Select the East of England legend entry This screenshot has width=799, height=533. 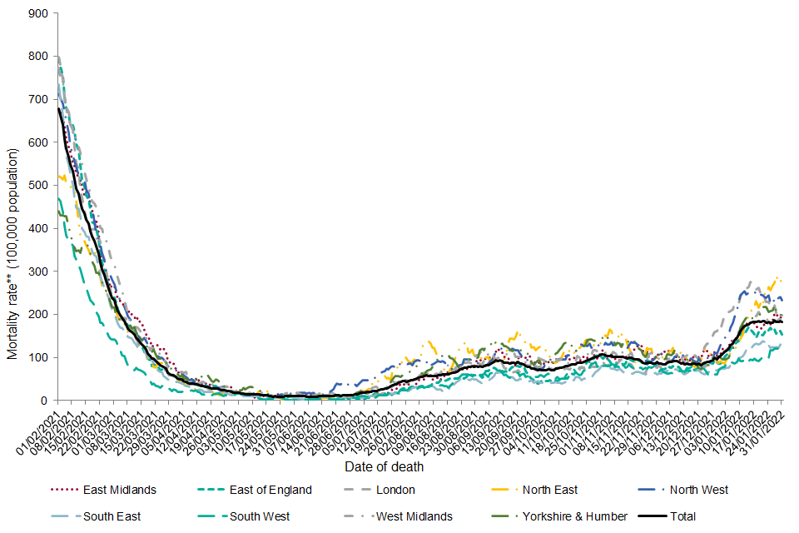point(270,490)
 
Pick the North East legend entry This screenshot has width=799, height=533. point(548,490)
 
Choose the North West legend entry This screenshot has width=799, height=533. point(697,490)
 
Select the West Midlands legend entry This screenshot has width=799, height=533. point(414,516)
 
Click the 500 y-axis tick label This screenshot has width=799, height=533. point(37,186)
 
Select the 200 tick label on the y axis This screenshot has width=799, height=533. point(37,315)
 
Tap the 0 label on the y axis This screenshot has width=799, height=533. point(44,401)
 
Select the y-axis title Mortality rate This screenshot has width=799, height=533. point(13,254)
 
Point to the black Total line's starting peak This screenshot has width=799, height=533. point(58,109)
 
